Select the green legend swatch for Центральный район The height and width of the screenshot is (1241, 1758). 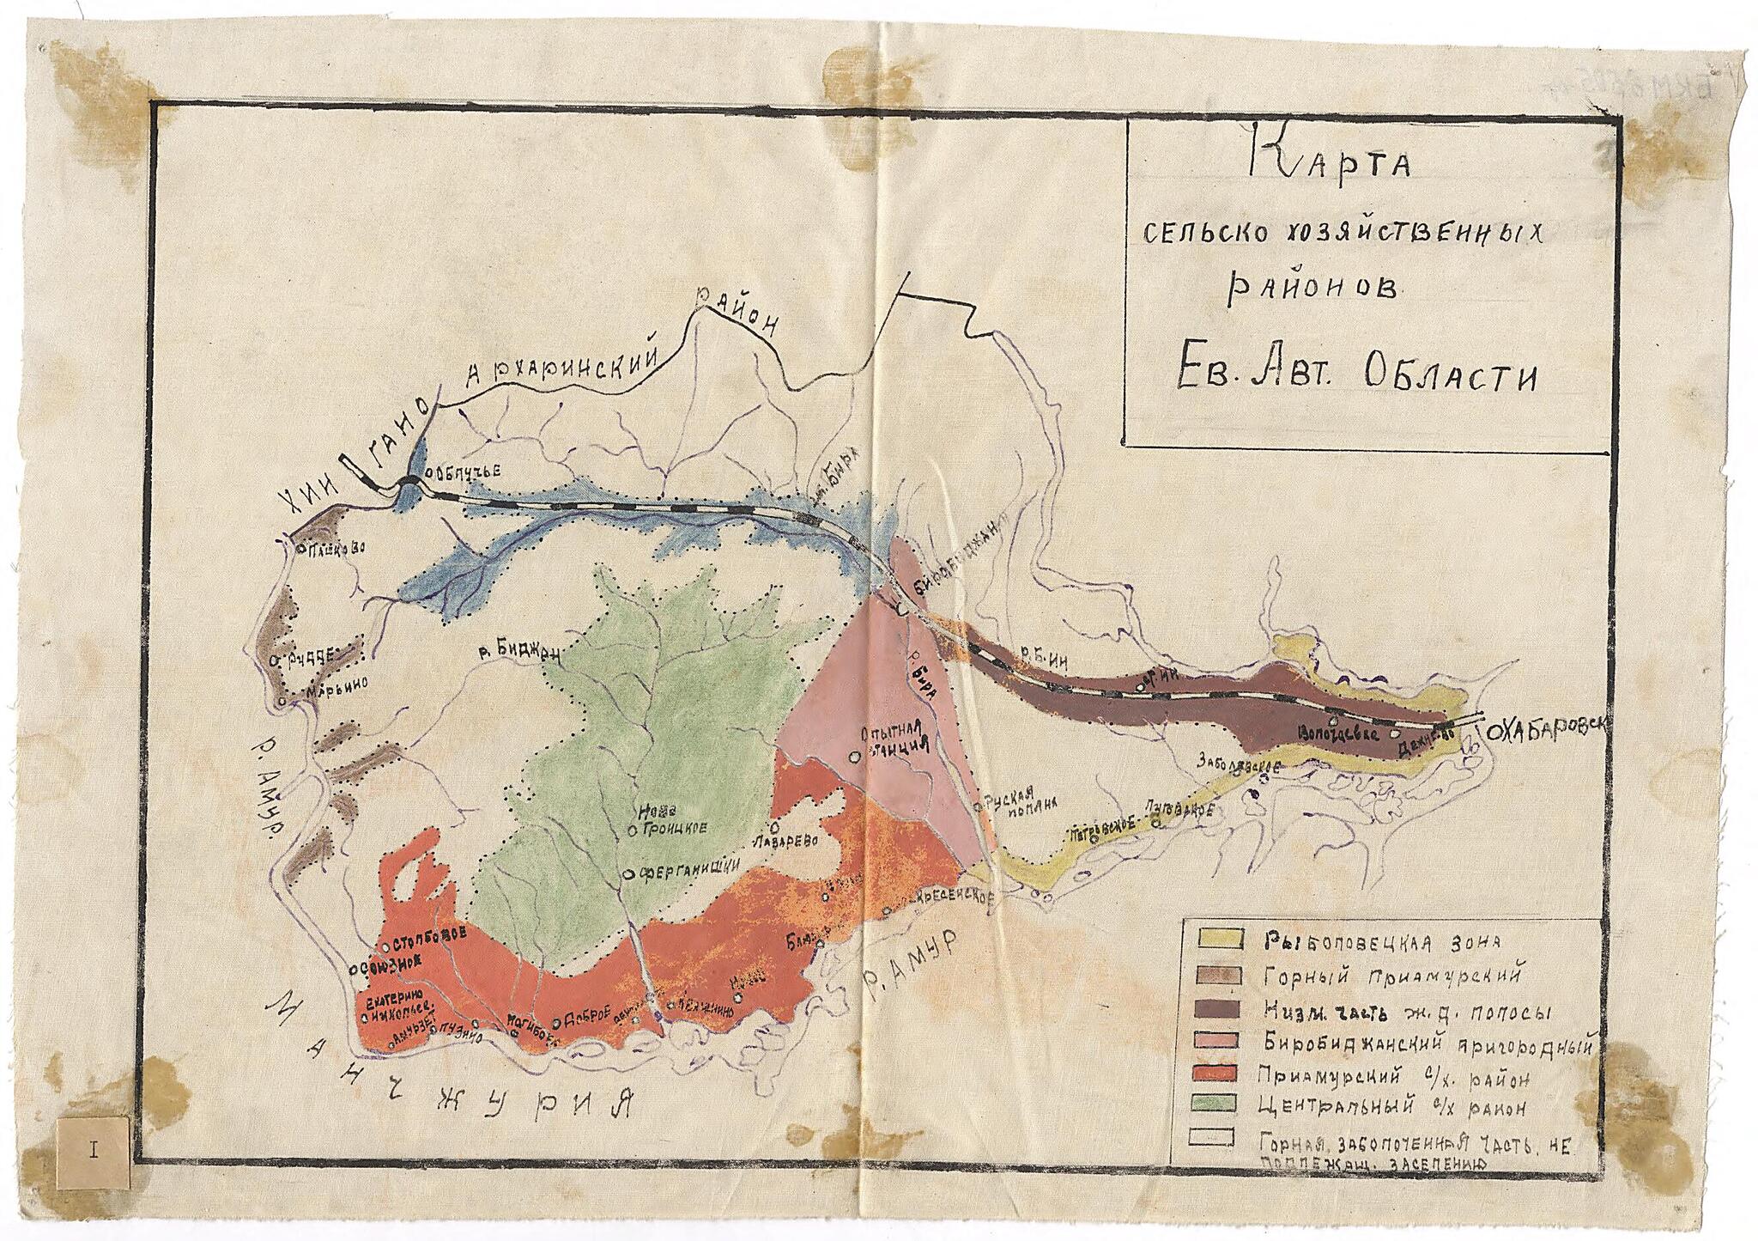point(1211,1102)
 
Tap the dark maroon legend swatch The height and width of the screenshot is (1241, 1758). point(1211,1011)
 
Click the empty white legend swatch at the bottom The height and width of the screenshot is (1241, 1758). point(1211,1139)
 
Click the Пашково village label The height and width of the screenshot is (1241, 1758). point(336,546)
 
